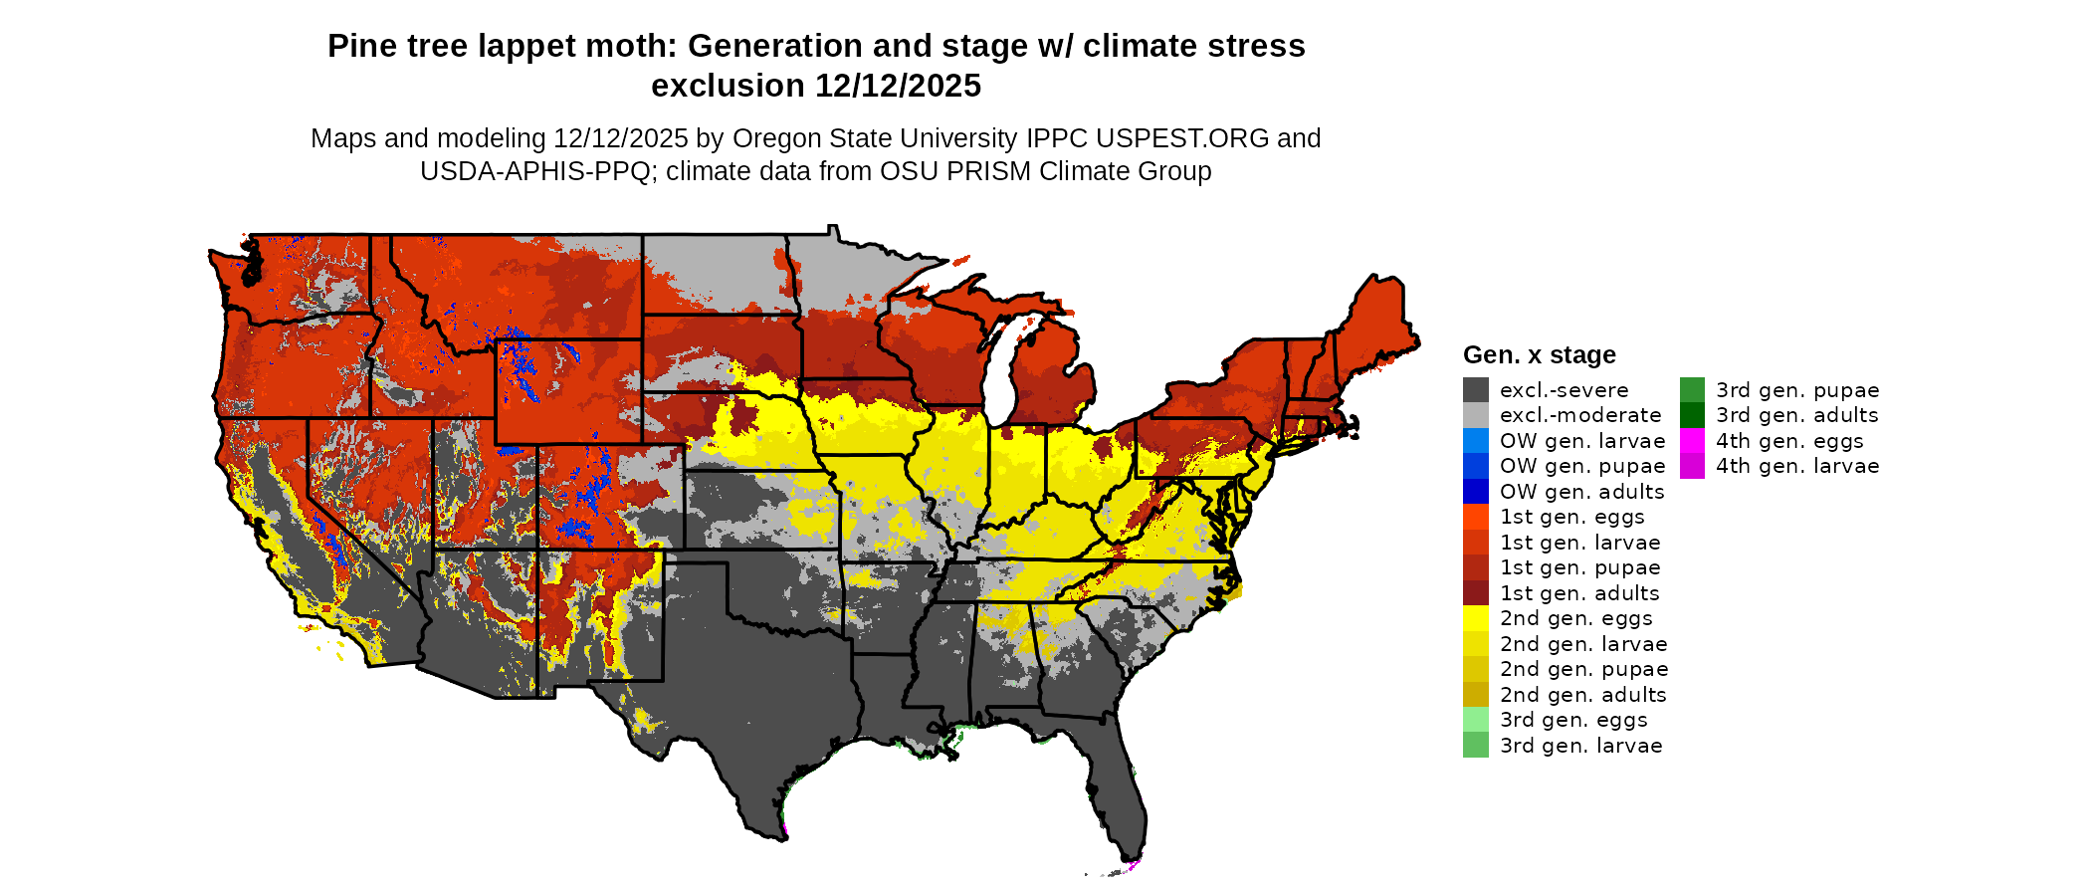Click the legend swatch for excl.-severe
pyautogui.click(x=1475, y=390)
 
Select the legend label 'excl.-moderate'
pyautogui.click(x=1580, y=415)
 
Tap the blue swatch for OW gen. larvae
pyautogui.click(x=1475, y=441)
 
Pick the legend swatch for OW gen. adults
pyautogui.click(x=1475, y=492)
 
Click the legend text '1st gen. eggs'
pyautogui.click(x=1571, y=517)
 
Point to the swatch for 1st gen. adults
pyautogui.click(x=1475, y=593)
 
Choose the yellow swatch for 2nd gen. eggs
pyautogui.click(x=1475, y=618)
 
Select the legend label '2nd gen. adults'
pyautogui.click(x=1582, y=695)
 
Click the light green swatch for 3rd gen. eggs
pyautogui.click(x=1475, y=720)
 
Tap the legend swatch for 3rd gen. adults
pyautogui.click(x=1692, y=415)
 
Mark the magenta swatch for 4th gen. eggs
pyautogui.click(x=1692, y=441)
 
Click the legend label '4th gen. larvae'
pyautogui.click(x=1797, y=466)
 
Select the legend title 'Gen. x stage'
pyautogui.click(x=1539, y=355)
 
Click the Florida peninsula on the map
pyautogui.click(x=1120, y=796)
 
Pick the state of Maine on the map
pyautogui.click(x=1378, y=319)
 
